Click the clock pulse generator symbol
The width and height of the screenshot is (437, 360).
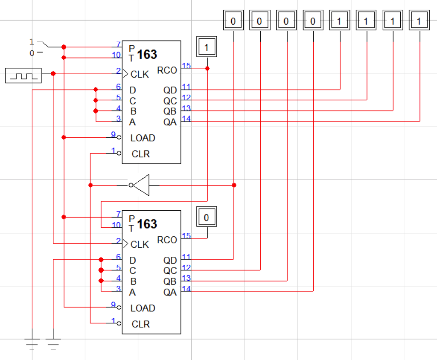(x=23, y=76)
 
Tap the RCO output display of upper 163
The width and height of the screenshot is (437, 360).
(x=207, y=47)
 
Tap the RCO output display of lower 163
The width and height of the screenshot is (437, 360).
(x=207, y=218)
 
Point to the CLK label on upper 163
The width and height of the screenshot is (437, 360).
(x=140, y=75)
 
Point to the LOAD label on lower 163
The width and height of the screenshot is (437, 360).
(x=143, y=308)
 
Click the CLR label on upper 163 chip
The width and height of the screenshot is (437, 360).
(x=141, y=154)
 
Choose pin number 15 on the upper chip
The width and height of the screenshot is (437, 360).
(x=186, y=65)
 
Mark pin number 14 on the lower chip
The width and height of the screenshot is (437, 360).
(x=186, y=288)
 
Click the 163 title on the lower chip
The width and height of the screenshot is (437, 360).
(x=147, y=224)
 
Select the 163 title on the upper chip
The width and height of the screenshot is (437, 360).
(x=147, y=54)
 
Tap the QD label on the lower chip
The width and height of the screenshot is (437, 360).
(x=170, y=260)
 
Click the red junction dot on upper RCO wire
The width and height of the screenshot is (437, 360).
(x=207, y=68)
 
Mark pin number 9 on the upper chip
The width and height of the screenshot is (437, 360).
(x=113, y=134)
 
